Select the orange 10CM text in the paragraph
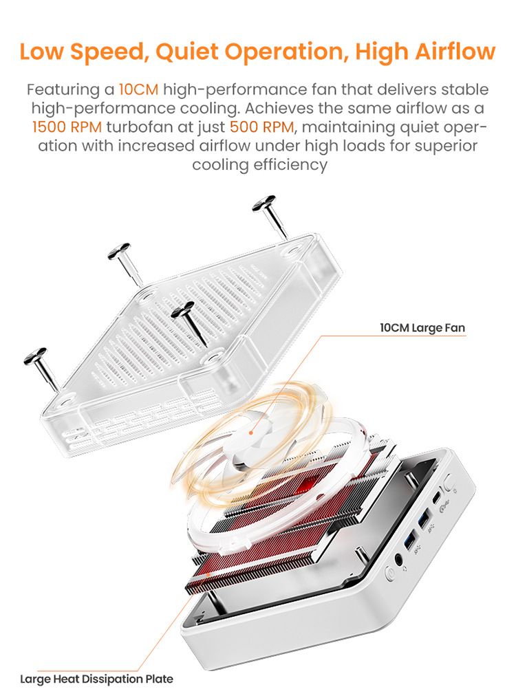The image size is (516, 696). pyautogui.click(x=138, y=89)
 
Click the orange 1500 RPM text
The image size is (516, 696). pyautogui.click(x=67, y=127)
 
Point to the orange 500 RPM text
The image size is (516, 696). pyautogui.click(x=262, y=127)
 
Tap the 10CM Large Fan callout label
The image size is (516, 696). pyautogui.click(x=422, y=328)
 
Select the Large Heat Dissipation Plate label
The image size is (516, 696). pyautogui.click(x=96, y=679)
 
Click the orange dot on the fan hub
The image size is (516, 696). pyautogui.click(x=251, y=432)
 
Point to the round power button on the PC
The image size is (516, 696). pyautogui.click(x=390, y=574)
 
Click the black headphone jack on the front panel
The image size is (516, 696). pyautogui.click(x=399, y=561)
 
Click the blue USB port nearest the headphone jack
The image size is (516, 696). pyautogui.click(x=409, y=539)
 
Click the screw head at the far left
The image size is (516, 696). pyautogui.click(x=35, y=356)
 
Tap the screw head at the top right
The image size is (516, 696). pyautogui.click(x=264, y=204)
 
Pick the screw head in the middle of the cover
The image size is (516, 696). pyautogui.click(x=182, y=309)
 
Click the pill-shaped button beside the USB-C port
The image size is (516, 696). pyautogui.click(x=449, y=482)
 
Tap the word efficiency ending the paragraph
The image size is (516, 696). pyautogui.click(x=290, y=165)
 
